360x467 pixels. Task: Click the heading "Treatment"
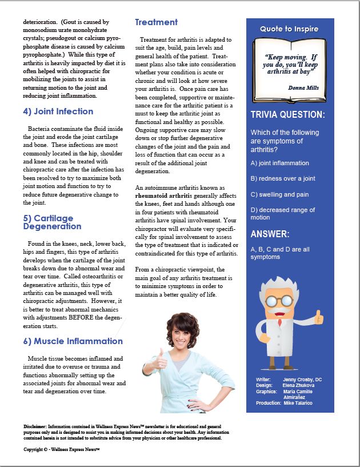coord(156,22)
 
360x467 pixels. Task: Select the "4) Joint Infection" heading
coord(58,111)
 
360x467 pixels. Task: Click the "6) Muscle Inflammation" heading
coord(73,341)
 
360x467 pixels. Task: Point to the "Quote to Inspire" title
coord(289,29)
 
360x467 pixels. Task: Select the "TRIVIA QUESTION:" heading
coord(287,115)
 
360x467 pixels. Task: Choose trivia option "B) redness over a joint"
coord(283,178)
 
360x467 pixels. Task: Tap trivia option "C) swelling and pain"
coord(279,194)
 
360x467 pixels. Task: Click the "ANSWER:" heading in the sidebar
coord(270,234)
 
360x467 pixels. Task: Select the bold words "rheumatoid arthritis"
coord(163,195)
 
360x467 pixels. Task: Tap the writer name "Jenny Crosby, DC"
coord(302,379)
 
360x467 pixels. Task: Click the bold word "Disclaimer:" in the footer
coord(35,426)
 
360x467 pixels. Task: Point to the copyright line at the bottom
coord(62,450)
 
